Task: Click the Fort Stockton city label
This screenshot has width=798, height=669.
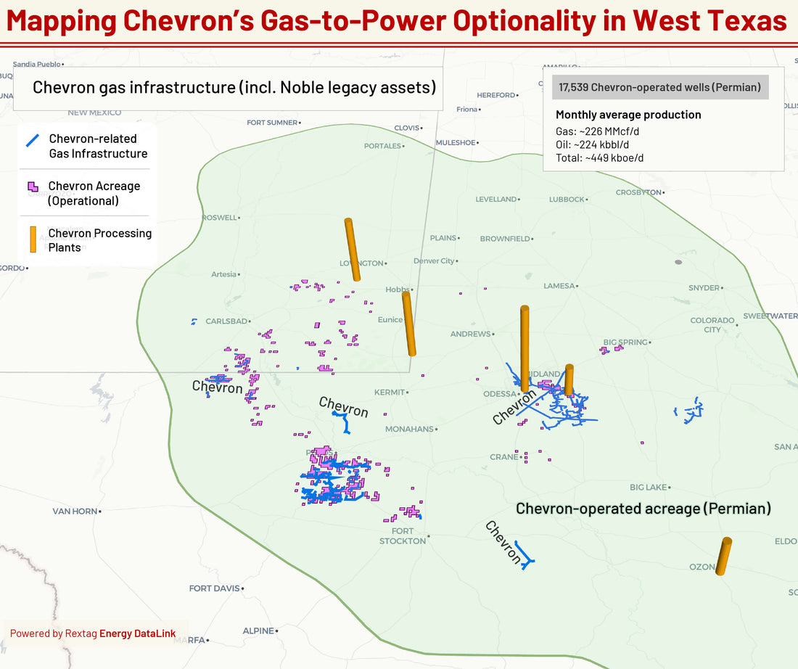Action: (x=403, y=536)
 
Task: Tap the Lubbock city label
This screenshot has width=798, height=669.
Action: (x=567, y=199)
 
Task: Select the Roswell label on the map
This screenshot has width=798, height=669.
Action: (x=220, y=218)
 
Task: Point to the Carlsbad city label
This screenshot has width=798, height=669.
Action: (x=226, y=321)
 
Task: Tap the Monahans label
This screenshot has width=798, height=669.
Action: (x=409, y=429)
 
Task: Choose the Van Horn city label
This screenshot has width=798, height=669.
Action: (x=75, y=512)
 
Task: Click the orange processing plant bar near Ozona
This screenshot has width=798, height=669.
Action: (x=723, y=557)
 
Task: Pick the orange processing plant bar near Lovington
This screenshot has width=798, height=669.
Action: (x=352, y=250)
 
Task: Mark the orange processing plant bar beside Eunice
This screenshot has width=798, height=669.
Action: (x=409, y=324)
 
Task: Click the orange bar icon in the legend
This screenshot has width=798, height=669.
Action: (x=33, y=239)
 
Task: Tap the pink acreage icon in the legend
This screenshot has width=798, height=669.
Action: (x=33, y=186)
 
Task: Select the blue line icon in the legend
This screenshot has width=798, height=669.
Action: (x=33, y=140)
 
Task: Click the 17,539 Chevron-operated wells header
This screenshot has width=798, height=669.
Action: (x=659, y=87)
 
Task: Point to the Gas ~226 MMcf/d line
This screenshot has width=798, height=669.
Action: (x=599, y=131)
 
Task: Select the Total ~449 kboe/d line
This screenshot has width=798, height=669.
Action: (x=599, y=157)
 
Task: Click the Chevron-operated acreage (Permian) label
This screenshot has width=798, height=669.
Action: (x=643, y=509)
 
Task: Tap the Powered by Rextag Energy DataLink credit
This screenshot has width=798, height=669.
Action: (x=93, y=633)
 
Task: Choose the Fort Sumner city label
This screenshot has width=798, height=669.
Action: (x=272, y=123)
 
